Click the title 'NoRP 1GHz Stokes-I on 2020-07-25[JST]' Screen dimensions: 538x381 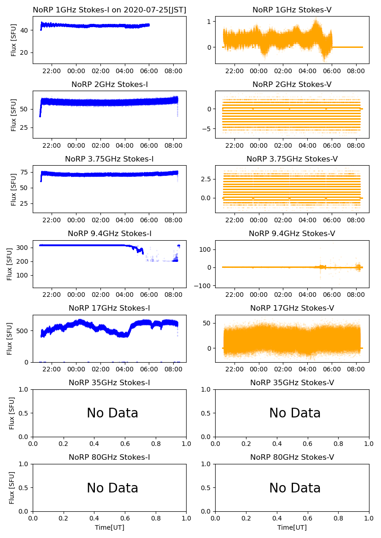click(109, 10)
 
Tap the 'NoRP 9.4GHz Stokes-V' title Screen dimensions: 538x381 click(292, 233)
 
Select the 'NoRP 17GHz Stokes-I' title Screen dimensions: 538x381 click(109, 308)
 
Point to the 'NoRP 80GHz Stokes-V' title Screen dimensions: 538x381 click(292, 457)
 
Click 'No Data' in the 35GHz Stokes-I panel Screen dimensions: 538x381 click(112, 413)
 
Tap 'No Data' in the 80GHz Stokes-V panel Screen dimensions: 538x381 click(295, 488)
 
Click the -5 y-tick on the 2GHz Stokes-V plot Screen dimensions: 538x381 click(207, 129)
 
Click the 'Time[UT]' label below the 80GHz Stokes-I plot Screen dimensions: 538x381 click(109, 527)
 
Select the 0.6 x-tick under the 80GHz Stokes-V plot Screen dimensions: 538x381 click(307, 519)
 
